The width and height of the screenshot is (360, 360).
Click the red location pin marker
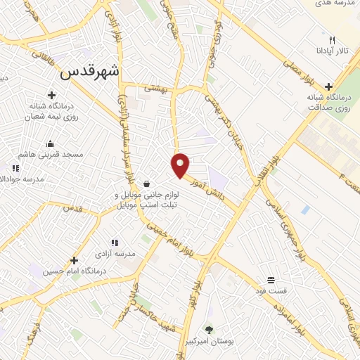coord(181,165)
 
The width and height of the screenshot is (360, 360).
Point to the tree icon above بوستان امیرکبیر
coord(209,328)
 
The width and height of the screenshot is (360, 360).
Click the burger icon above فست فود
coord(271,280)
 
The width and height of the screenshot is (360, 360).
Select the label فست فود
coord(271,290)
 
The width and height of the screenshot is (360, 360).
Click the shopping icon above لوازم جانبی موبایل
coord(146,184)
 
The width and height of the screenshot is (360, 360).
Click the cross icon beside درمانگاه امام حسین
coord(73,261)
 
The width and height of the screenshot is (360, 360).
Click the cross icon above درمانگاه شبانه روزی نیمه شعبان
coord(51,94)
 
